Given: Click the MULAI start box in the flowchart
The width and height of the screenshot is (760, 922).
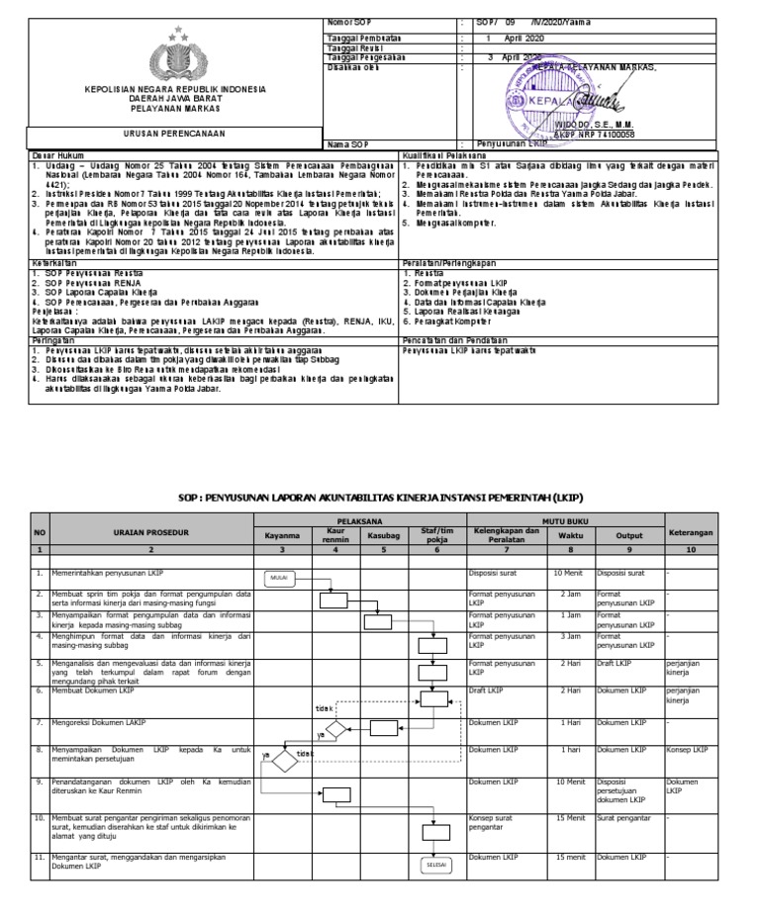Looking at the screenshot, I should [280, 578].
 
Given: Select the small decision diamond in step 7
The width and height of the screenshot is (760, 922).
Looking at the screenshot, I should [335, 730].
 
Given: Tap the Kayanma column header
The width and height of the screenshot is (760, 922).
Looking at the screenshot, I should [282, 535].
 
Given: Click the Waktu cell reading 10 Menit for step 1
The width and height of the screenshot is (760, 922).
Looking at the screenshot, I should [568, 573].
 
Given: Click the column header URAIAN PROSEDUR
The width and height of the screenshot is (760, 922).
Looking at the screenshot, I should [151, 531].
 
